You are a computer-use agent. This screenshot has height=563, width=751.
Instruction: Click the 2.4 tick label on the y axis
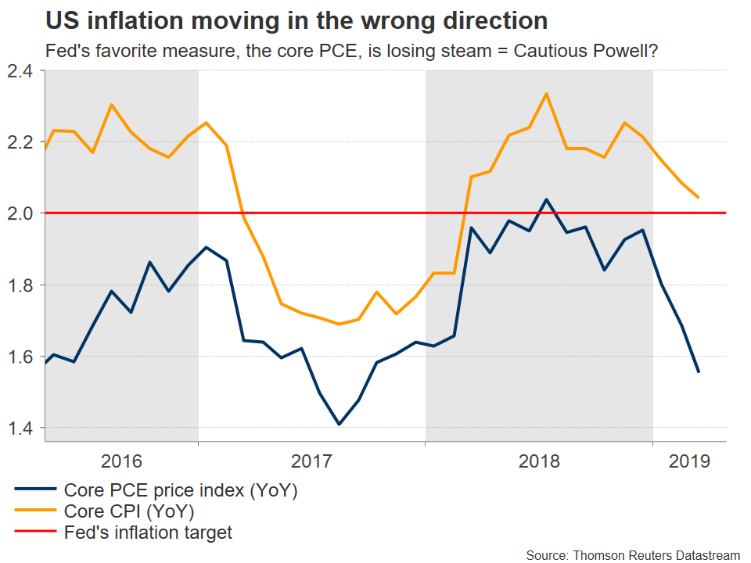click(23, 72)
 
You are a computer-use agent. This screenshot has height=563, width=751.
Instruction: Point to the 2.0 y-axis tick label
click(23, 213)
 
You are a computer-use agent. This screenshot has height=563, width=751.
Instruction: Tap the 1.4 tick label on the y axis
click(23, 429)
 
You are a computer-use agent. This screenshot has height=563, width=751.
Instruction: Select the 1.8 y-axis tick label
click(23, 285)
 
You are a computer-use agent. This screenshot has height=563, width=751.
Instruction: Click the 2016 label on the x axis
click(121, 461)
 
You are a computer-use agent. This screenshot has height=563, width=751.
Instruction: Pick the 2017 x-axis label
click(311, 461)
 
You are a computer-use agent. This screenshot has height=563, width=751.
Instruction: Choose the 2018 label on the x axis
click(539, 461)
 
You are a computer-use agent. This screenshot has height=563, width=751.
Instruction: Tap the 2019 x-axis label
click(689, 461)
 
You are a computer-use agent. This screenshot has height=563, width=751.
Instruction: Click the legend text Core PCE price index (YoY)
click(181, 491)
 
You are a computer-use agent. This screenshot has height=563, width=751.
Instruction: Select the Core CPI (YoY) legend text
click(129, 512)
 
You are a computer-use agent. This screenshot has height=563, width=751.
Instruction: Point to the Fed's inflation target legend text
click(149, 533)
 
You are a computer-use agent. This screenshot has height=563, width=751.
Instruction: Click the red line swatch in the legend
click(35, 533)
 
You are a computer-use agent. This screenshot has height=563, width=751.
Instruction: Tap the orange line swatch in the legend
click(35, 512)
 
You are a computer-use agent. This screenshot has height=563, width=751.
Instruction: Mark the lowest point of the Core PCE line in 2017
click(340, 425)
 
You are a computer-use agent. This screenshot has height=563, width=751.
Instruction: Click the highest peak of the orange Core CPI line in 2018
click(546, 94)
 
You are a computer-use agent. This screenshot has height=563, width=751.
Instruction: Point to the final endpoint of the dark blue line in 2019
click(699, 372)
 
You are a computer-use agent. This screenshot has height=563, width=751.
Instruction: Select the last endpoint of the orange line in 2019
click(699, 197)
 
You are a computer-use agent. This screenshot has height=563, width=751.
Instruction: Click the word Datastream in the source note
click(705, 554)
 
